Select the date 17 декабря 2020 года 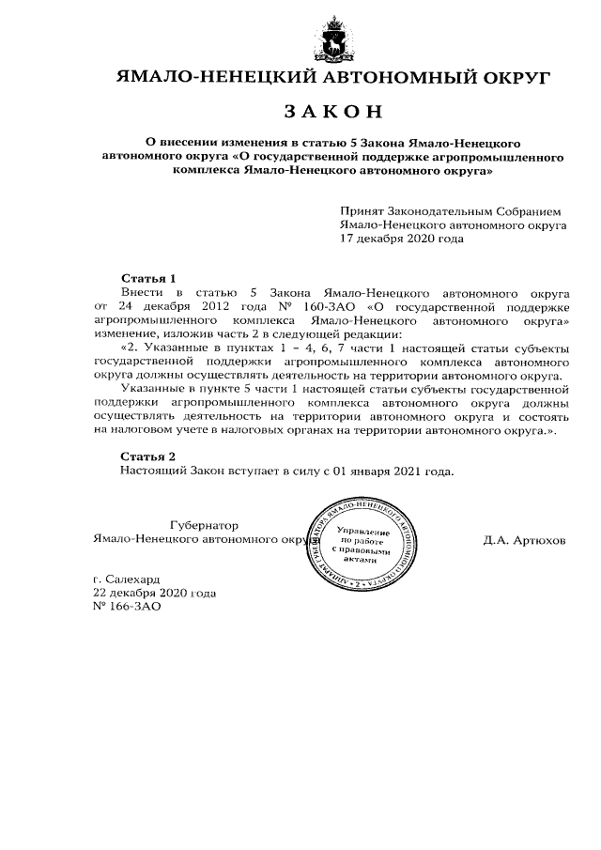coord(402,240)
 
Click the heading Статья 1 coord(149,279)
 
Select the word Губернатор coord(204,525)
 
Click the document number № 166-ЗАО coord(114,607)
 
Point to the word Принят coord(362,213)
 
